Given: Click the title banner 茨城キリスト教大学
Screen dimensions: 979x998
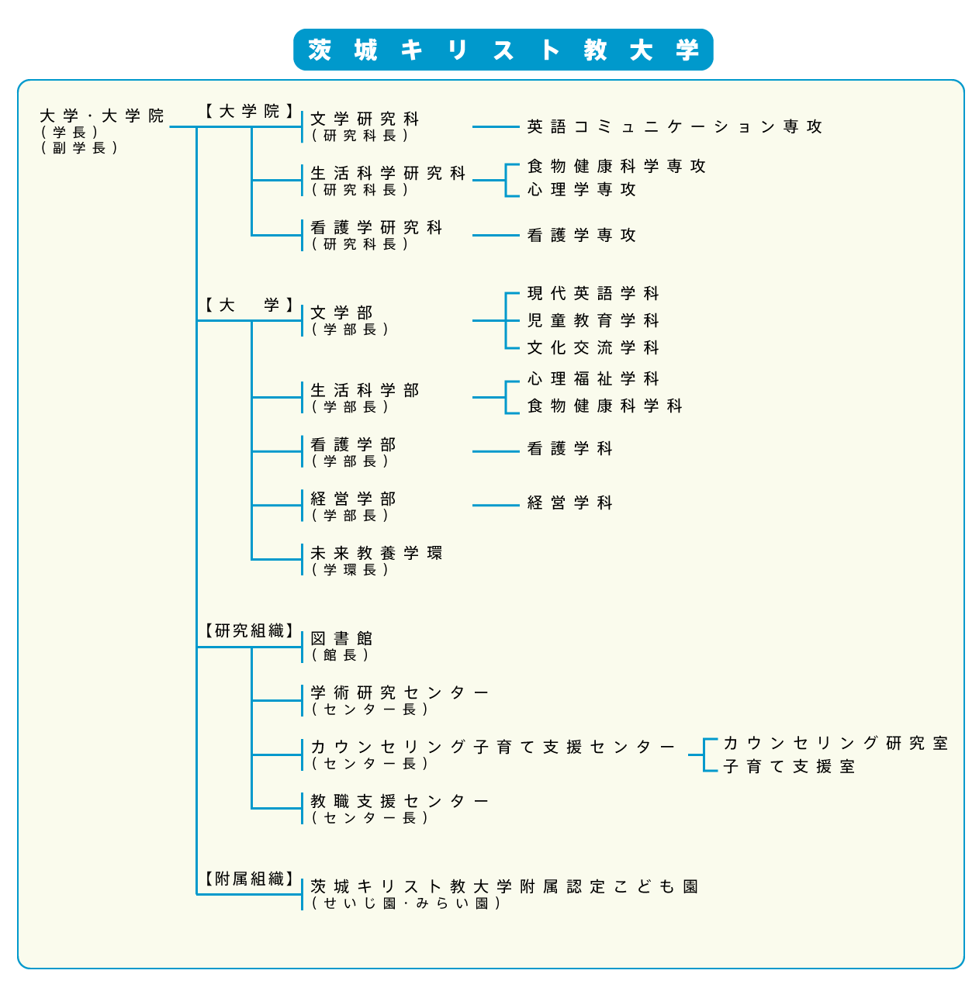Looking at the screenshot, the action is pyautogui.click(x=503, y=50).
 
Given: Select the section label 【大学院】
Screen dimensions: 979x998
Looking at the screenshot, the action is pyautogui.click(x=249, y=111).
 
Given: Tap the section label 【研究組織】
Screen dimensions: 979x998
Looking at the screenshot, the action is pyautogui.click(x=249, y=630).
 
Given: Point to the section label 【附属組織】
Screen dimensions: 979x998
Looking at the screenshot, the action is pyautogui.click(x=249, y=879).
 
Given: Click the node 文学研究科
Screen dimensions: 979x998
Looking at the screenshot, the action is pyautogui.click(x=365, y=119).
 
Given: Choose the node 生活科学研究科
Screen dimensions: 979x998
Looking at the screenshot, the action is pyautogui.click(x=388, y=172).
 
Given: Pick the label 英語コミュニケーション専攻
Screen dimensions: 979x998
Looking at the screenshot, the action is pyautogui.click(x=674, y=126).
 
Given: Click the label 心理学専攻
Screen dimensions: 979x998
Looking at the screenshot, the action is pyautogui.click(x=581, y=189).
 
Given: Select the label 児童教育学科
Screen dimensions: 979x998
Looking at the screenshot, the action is pyautogui.click(x=593, y=320).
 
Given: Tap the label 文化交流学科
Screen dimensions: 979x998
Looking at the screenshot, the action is pyautogui.click(x=593, y=347).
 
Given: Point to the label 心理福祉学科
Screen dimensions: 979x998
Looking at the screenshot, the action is pyautogui.click(x=593, y=378).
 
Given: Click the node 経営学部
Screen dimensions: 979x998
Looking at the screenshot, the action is pyautogui.click(x=353, y=499).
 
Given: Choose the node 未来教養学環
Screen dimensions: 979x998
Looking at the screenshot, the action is pyautogui.click(x=376, y=553).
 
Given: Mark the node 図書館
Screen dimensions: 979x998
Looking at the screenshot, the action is pyautogui.click(x=341, y=638).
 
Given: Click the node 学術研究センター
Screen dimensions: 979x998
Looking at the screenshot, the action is pyautogui.click(x=399, y=692).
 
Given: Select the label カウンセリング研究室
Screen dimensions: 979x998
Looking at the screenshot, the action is pyautogui.click(x=835, y=743).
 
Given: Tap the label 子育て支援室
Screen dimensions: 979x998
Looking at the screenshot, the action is pyautogui.click(x=789, y=766).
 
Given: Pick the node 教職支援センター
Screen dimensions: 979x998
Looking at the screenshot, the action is pyautogui.click(x=399, y=801).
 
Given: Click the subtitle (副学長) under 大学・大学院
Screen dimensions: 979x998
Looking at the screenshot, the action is pyautogui.click(x=79, y=148).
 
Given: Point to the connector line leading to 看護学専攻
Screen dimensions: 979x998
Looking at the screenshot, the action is pyautogui.click(x=496, y=235).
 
